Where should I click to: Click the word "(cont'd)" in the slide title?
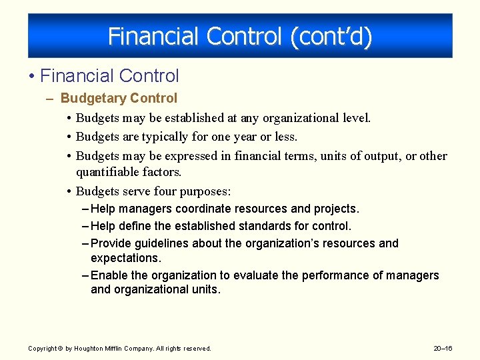point(331,36)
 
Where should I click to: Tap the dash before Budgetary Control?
point(51,99)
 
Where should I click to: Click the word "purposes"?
point(205,192)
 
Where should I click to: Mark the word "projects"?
point(337,209)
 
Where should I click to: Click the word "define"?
point(133,227)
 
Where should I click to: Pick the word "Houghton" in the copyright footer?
point(89,349)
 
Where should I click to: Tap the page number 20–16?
point(443,349)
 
